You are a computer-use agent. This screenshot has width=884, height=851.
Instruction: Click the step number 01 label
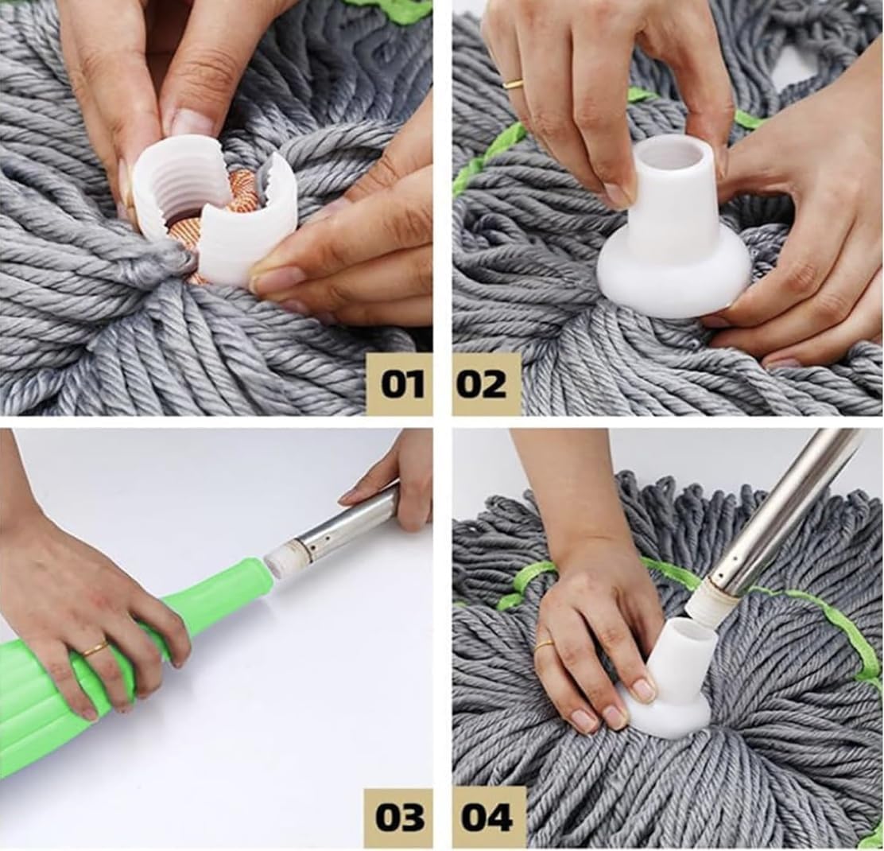pos(401,384)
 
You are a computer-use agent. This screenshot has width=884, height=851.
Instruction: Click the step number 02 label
pos(483,384)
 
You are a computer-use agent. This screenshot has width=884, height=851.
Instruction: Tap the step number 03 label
pos(400,817)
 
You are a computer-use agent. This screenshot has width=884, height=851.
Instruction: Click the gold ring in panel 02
pos(514,84)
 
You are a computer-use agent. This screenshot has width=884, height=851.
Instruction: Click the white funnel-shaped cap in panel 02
pos(674,239)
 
